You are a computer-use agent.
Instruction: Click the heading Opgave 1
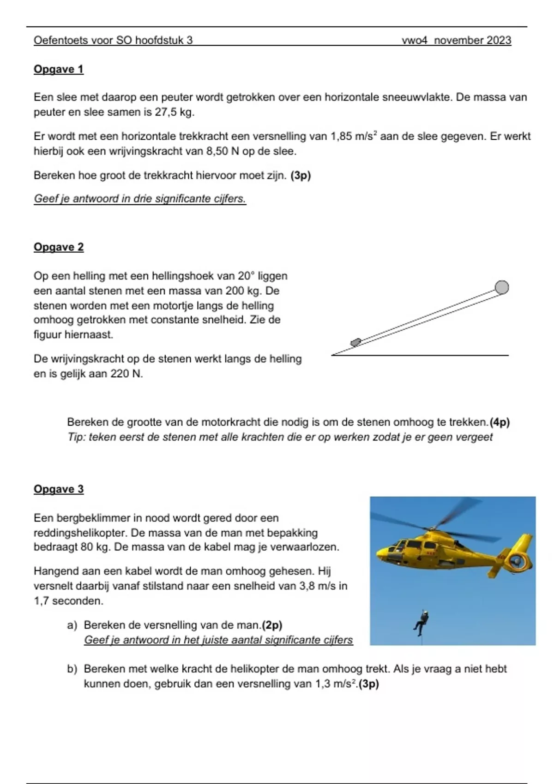coord(59,69)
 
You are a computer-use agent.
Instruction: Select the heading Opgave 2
coord(59,247)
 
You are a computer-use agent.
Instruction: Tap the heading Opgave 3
coord(59,489)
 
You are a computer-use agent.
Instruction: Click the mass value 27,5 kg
coord(175,112)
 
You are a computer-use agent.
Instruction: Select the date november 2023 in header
coord(472,41)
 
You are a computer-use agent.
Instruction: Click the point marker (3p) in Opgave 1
coord(301,176)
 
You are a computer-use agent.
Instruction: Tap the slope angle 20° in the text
coord(246,276)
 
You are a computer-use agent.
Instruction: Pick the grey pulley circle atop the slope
coord(502,287)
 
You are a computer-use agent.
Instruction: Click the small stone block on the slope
coord(356,342)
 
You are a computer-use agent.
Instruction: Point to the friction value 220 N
coord(126,374)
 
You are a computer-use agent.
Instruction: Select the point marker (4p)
coord(500,422)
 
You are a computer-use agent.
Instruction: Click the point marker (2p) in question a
coord(272,625)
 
